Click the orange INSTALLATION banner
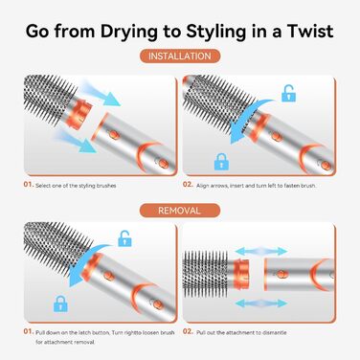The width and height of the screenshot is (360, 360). point(179,56)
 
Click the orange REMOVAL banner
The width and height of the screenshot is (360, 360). point(179,210)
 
